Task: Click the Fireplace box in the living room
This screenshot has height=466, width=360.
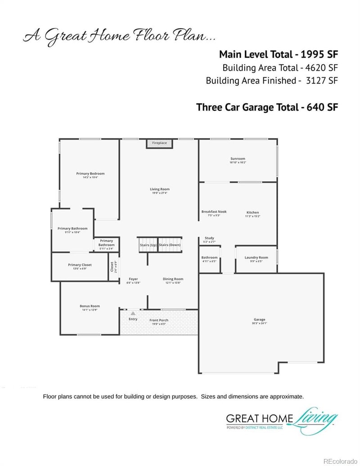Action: point(159,143)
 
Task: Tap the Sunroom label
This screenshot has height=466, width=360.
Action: point(238,159)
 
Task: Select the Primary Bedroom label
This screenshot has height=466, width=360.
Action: point(90,174)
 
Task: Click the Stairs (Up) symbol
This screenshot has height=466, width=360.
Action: point(148,244)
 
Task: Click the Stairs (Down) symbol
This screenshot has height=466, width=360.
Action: point(170,244)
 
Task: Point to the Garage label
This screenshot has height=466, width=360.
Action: point(259,320)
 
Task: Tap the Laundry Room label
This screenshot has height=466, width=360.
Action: point(256,258)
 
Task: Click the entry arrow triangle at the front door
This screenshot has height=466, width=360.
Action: point(133,313)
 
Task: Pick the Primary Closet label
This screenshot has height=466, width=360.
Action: point(80,265)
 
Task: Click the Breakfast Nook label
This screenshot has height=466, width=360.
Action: point(214,212)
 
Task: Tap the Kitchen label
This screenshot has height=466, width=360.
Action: point(252,213)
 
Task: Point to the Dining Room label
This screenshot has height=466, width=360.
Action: point(173,279)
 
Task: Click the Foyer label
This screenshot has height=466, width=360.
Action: point(133,279)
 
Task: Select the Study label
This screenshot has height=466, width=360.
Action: point(209,238)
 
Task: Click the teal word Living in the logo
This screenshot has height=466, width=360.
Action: point(315,419)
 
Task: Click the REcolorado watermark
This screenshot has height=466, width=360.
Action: point(341,461)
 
